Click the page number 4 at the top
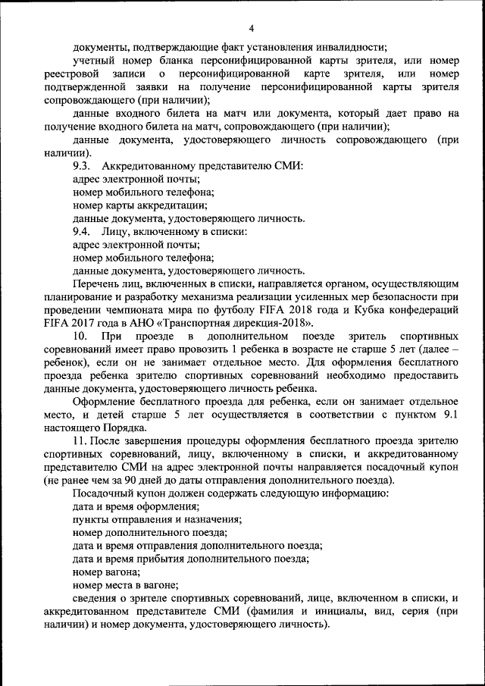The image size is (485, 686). [251, 28]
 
